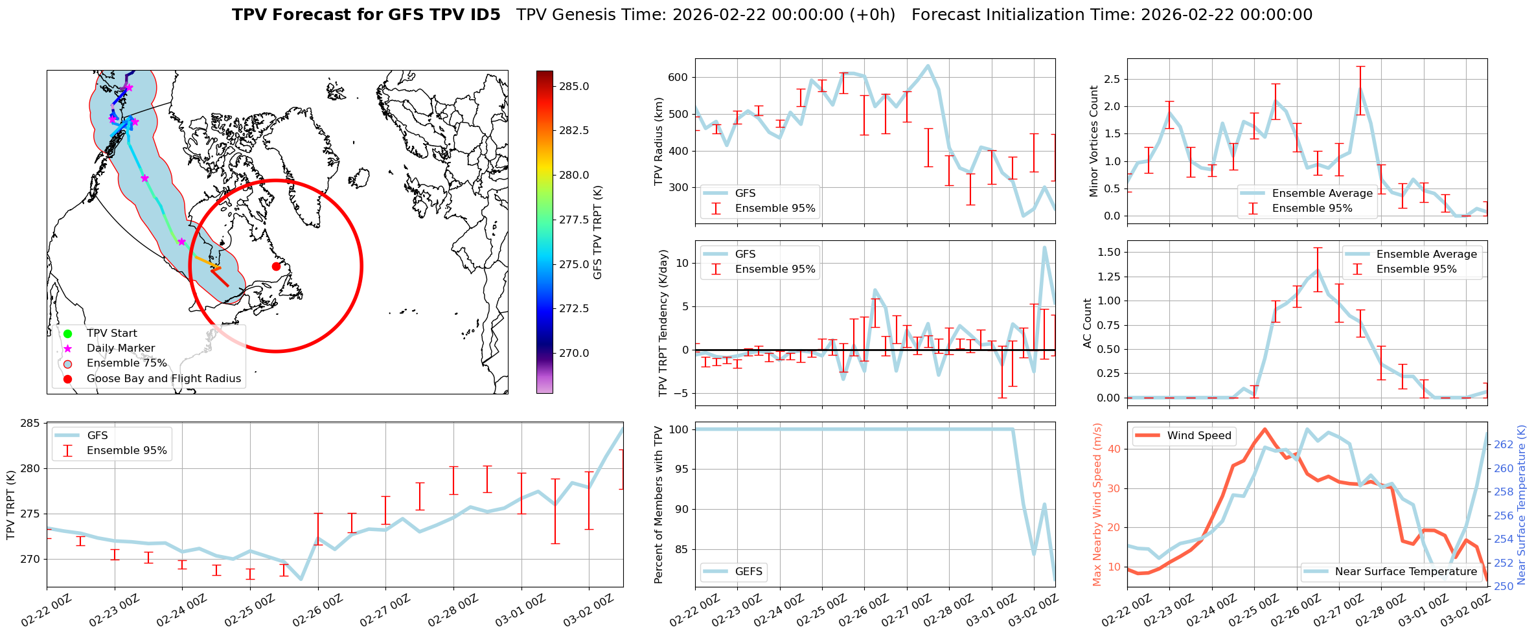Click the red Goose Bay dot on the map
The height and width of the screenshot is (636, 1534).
pos(276,266)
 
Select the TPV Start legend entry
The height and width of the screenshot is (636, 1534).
pos(111,334)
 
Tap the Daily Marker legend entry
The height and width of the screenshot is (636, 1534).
pos(120,348)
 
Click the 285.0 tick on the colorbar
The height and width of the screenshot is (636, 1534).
pos(574,86)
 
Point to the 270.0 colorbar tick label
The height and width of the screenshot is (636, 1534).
pos(574,353)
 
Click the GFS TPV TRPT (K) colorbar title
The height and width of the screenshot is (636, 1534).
pos(597,233)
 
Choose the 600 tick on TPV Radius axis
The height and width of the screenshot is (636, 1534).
pos(678,77)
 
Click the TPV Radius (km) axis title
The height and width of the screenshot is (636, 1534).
pos(659,141)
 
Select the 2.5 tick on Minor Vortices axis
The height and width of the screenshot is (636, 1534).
pos(1112,79)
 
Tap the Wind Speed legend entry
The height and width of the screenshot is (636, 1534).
pos(1198,436)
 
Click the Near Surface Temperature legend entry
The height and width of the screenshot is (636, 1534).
pos(1406,572)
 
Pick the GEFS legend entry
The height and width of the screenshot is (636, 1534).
pos(748,572)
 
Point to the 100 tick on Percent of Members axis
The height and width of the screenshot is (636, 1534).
pos(678,429)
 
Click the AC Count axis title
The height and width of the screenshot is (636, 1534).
pos(1088,323)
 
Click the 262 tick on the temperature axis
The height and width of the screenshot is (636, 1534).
pos(1504,444)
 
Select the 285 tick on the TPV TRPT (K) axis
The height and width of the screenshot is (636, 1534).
pos(30,424)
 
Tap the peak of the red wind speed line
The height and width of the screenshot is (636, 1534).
pos(1265,429)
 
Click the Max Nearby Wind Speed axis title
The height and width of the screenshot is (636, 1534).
pos(1097,505)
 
